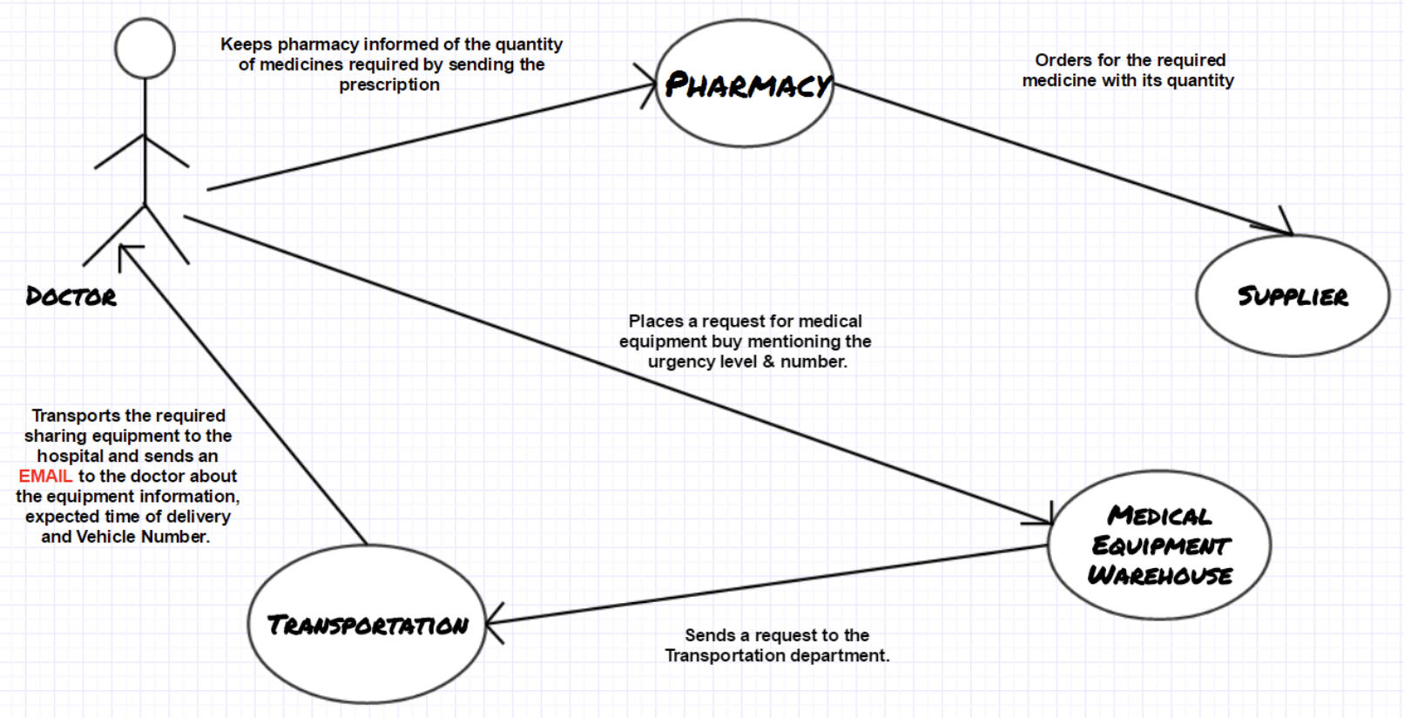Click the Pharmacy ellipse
(745, 84)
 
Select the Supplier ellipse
(1293, 295)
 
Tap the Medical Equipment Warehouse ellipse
(1159, 545)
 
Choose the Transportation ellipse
(368, 624)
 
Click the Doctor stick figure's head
(145, 48)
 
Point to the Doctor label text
(71, 296)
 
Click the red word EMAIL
(45, 476)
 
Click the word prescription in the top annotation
(389, 85)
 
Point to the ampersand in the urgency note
(768, 362)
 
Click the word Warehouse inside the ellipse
(1159, 575)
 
